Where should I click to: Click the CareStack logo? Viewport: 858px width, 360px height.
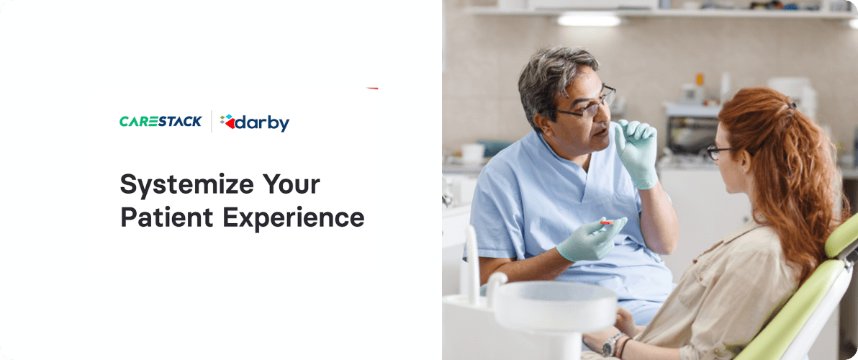[x=160, y=122]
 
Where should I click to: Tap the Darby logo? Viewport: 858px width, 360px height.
[x=255, y=123]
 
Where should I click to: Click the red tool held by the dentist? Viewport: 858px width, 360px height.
[x=606, y=223]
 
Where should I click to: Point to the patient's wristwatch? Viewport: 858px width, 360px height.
[x=612, y=344]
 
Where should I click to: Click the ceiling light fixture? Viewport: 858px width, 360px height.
[x=589, y=19]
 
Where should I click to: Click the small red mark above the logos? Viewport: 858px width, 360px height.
[x=372, y=88]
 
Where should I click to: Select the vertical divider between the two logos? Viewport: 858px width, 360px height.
[x=211, y=122]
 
